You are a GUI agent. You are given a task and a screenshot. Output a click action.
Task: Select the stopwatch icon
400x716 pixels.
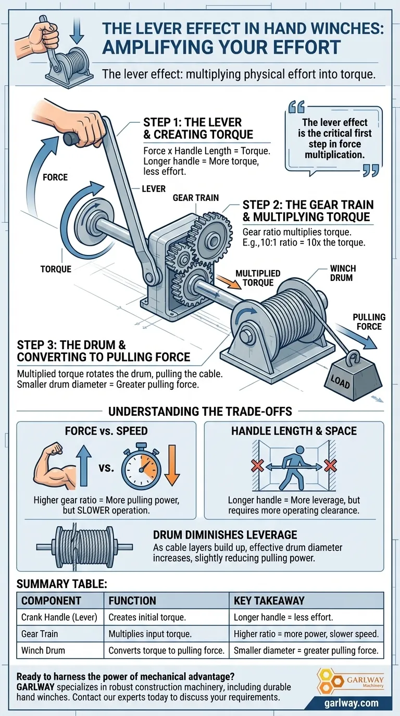[x=141, y=467]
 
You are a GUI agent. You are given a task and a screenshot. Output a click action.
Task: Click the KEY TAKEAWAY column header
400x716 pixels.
[x=269, y=600]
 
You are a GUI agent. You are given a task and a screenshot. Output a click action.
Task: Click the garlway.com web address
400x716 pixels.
[x=351, y=703]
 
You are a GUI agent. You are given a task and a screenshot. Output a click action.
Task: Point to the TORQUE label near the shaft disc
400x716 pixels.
[x=56, y=269]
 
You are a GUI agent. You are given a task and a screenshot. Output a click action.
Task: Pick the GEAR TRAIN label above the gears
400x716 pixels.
[x=195, y=198]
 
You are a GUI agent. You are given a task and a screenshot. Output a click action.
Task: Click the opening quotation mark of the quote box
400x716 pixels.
[x=297, y=107]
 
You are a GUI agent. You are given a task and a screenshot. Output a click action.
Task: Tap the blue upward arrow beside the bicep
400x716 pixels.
[x=84, y=466]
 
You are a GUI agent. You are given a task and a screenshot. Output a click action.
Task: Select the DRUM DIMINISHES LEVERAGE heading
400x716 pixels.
[x=224, y=535]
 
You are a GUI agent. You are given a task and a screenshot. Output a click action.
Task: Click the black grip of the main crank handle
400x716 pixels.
[x=71, y=138]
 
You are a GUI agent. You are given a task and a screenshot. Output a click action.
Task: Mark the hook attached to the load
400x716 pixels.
[x=354, y=357]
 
